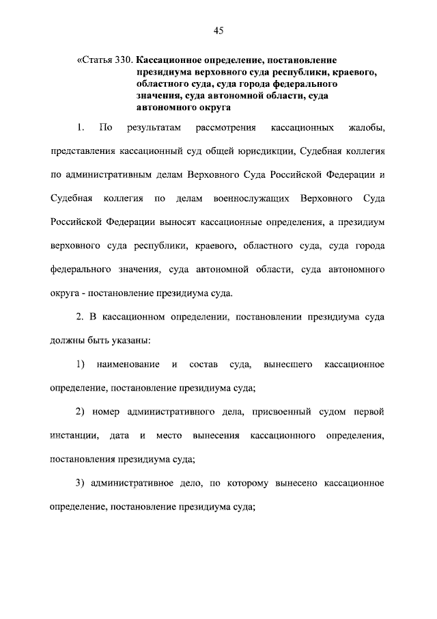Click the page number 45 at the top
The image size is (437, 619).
(218, 29)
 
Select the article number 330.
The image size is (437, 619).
(124, 60)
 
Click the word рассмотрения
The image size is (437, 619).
(225, 128)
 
